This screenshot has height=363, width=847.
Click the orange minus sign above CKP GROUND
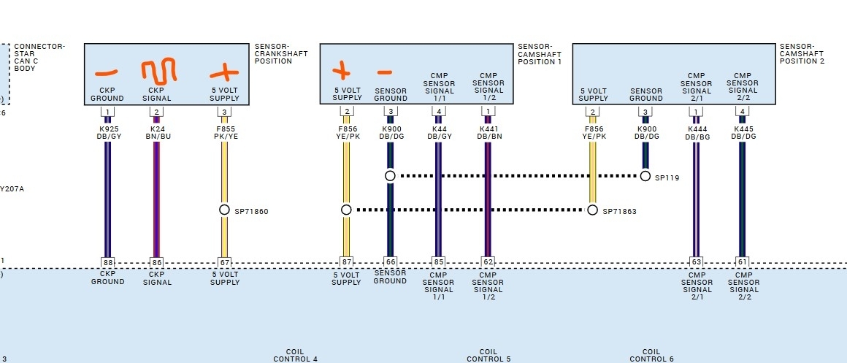(107, 73)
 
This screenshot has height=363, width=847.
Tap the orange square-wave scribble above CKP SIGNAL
(156, 72)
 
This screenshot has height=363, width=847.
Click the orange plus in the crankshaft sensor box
(224, 72)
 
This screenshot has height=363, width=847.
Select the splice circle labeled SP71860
(224, 210)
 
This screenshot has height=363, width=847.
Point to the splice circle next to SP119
(645, 176)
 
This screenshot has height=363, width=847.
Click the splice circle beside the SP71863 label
(593, 210)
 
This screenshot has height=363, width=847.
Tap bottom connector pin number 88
(107, 262)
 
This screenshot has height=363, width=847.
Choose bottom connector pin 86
(156, 262)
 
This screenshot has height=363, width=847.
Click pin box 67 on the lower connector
(224, 262)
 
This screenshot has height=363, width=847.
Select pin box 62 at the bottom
(488, 262)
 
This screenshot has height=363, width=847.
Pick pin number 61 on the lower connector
(742, 262)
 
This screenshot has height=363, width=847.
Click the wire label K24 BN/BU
(156, 132)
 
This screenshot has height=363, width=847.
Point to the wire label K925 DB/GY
(107, 132)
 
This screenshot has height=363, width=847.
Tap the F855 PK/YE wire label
(224, 132)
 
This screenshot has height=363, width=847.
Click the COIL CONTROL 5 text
(488, 355)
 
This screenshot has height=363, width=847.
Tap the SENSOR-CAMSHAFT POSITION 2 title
(802, 53)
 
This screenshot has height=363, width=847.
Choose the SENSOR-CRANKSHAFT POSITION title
(281, 53)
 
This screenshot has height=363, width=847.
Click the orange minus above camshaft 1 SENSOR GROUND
(384, 72)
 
